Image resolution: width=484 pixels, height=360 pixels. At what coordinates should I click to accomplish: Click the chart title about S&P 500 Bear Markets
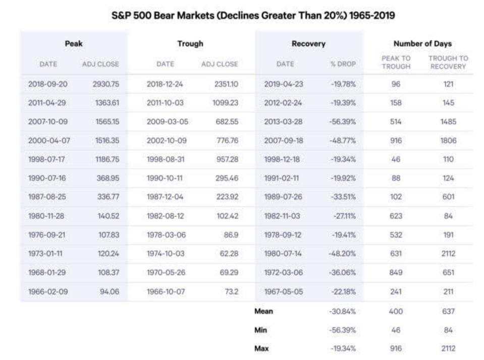tap(252, 16)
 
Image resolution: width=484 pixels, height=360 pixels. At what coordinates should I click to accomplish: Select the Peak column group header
tap(74, 44)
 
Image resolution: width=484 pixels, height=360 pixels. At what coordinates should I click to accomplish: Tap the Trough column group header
tap(190, 44)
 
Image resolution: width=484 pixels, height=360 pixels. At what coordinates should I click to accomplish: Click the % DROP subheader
tap(343, 64)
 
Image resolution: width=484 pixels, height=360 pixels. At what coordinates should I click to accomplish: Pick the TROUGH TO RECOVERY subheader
tap(448, 63)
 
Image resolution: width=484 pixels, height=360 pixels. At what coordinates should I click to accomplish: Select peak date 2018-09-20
tap(48, 84)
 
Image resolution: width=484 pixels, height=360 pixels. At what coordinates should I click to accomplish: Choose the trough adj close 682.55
tap(226, 122)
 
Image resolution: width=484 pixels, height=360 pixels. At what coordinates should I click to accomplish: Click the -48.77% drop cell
tap(343, 141)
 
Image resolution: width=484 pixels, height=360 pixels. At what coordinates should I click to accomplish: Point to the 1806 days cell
tap(448, 141)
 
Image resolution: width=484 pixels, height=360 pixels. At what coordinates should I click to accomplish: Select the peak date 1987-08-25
tap(48, 197)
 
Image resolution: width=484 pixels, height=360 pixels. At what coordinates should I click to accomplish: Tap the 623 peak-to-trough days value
tap(396, 216)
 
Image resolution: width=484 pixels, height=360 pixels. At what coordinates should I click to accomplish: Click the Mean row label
tap(264, 311)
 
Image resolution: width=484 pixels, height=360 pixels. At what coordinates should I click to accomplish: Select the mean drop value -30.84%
tap(343, 311)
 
